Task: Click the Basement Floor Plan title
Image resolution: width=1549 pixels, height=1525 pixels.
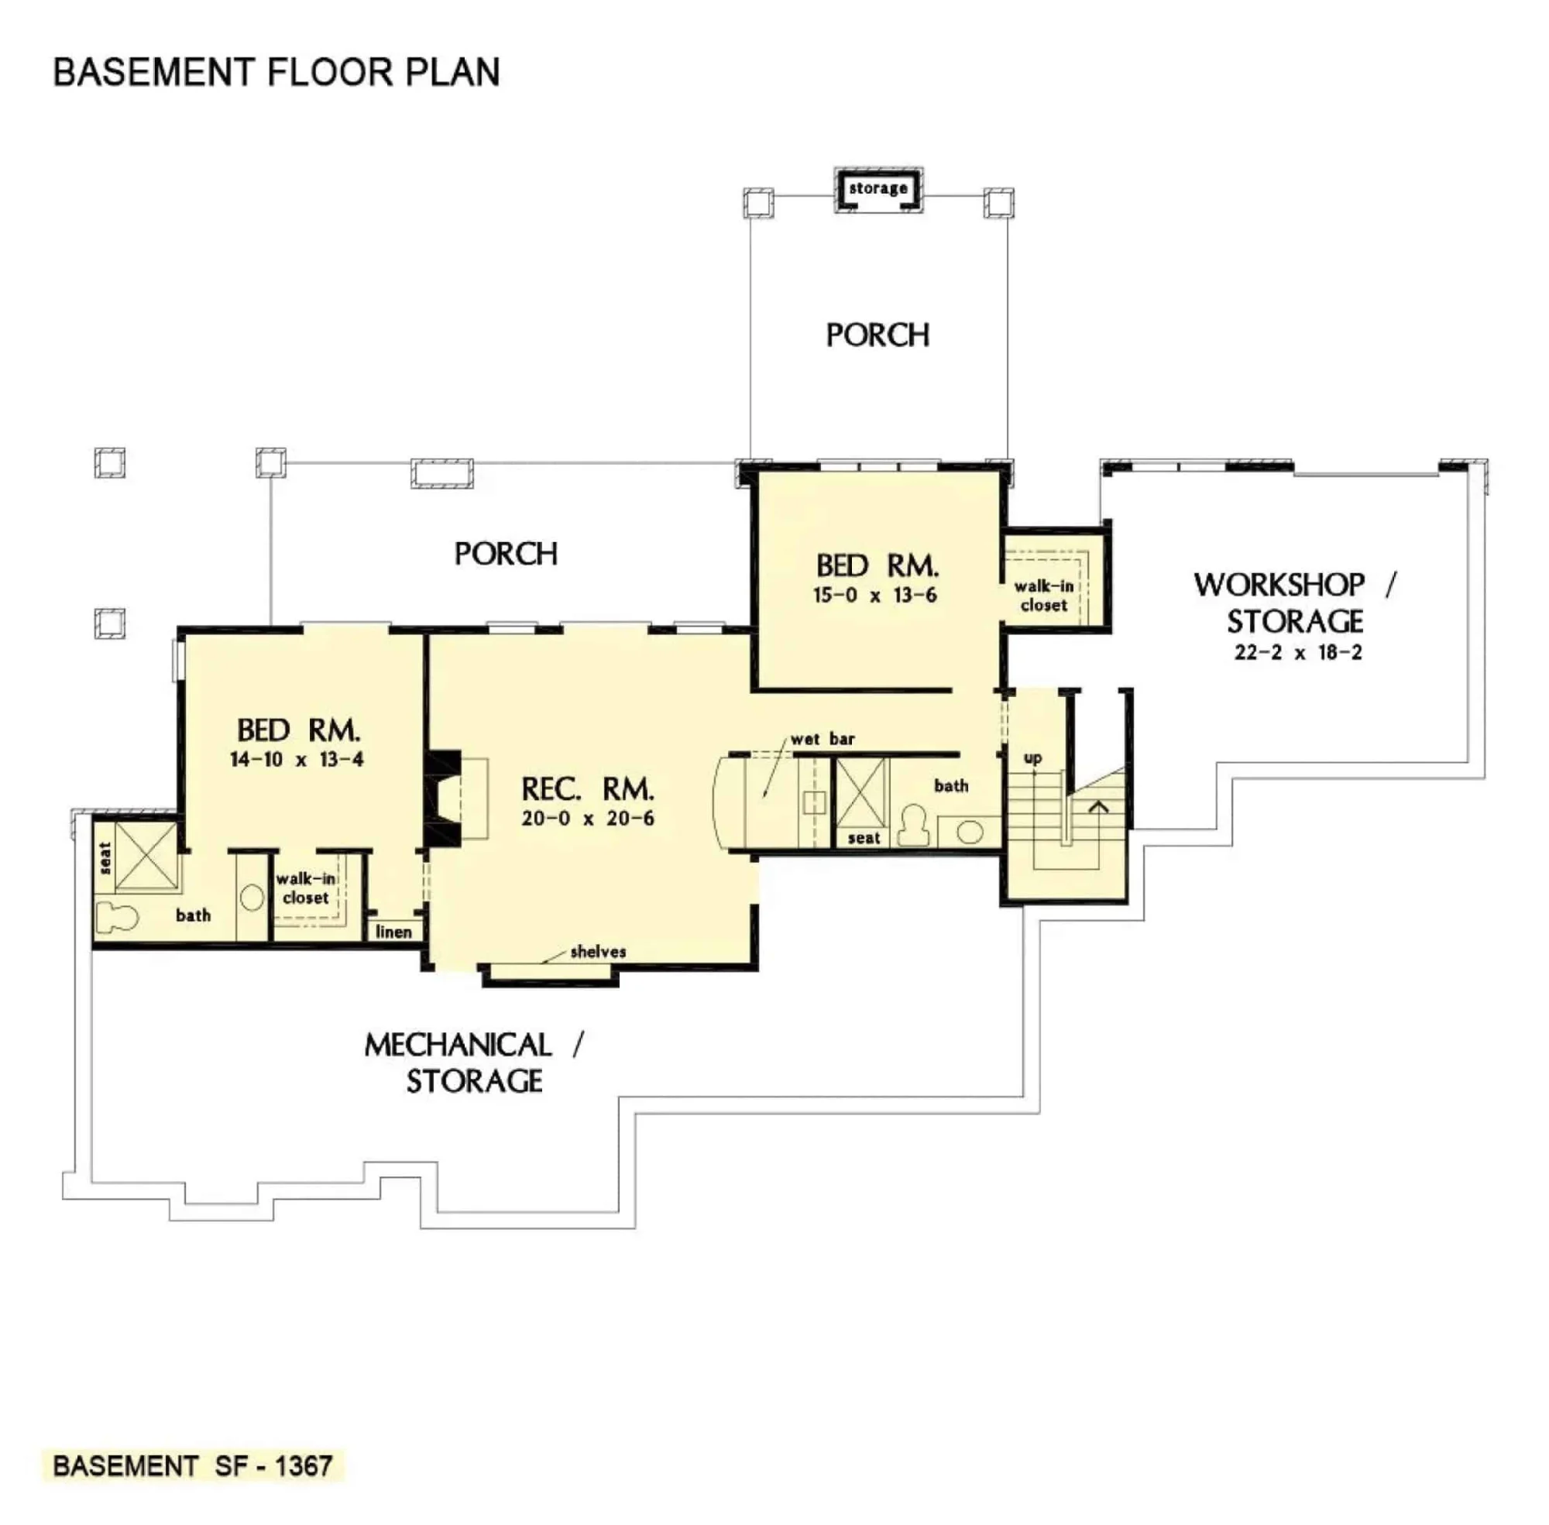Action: (276, 72)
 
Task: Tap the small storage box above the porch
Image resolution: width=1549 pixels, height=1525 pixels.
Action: (878, 190)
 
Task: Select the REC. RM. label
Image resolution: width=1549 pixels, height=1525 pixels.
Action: (587, 790)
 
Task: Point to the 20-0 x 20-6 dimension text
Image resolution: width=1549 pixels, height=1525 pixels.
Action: (587, 819)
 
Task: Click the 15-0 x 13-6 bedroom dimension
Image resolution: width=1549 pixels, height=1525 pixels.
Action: (874, 595)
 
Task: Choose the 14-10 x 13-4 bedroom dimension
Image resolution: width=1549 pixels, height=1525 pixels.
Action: (297, 759)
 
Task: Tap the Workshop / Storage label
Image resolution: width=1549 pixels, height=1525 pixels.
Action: (1293, 603)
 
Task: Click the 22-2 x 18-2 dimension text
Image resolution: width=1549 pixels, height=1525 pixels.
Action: (1297, 653)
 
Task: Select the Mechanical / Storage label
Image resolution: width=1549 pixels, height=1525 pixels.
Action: (474, 1063)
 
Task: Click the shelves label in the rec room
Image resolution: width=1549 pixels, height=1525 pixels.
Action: (597, 952)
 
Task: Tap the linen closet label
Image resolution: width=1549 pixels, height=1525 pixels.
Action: (393, 933)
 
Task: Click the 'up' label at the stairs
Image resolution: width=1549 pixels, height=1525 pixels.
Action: (1032, 757)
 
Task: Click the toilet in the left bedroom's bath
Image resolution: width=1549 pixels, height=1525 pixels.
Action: (117, 918)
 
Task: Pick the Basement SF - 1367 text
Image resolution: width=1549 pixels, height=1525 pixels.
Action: (192, 1465)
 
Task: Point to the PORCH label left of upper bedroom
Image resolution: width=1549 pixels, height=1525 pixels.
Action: (506, 554)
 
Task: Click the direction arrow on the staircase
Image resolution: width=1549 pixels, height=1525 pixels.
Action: (1098, 807)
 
